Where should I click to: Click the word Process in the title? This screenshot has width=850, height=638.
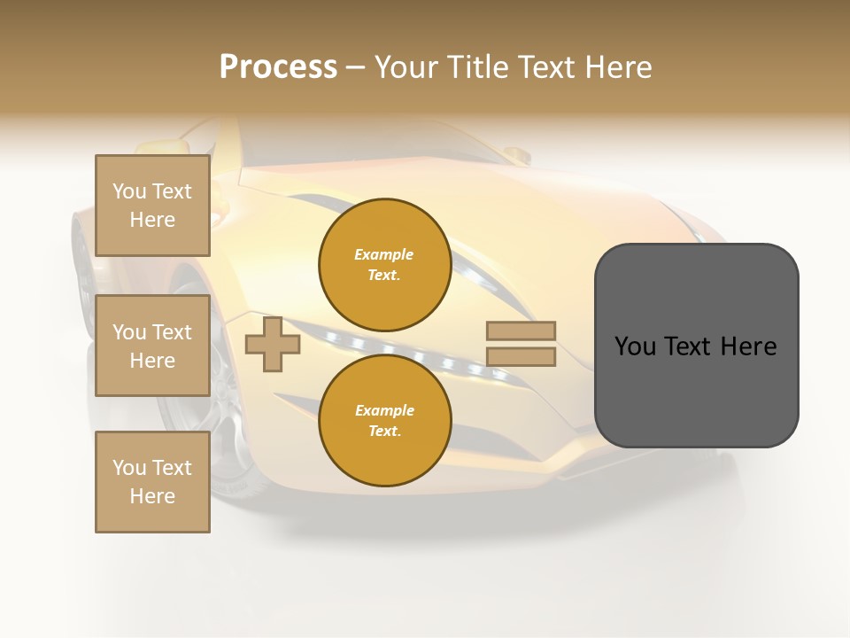pyautogui.click(x=278, y=67)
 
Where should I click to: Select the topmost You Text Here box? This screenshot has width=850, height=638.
pyautogui.click(x=152, y=206)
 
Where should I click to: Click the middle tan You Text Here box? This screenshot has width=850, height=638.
pyautogui.click(x=152, y=346)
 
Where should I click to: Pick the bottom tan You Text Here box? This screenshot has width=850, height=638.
pyautogui.click(x=152, y=482)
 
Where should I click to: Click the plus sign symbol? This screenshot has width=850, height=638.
pyautogui.click(x=273, y=345)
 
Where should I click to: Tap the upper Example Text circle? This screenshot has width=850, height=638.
pyautogui.click(x=384, y=264)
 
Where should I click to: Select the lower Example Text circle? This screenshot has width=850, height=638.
pyautogui.click(x=384, y=420)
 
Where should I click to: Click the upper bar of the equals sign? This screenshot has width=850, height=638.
pyautogui.click(x=521, y=331)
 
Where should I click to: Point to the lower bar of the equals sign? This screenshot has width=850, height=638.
pyautogui.click(x=521, y=357)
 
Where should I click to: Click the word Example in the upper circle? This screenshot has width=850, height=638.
pyautogui.click(x=384, y=254)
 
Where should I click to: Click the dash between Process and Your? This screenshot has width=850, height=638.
pyautogui.click(x=355, y=68)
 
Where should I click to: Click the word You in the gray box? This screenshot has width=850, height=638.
pyautogui.click(x=635, y=346)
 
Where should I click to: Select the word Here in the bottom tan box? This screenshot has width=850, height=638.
pyautogui.click(x=152, y=496)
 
